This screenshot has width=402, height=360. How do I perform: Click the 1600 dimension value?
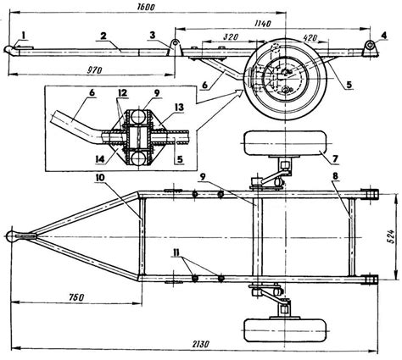click(x=146, y=7)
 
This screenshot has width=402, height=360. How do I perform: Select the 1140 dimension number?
click(x=262, y=24)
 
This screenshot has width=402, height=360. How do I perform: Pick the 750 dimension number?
click(x=75, y=297)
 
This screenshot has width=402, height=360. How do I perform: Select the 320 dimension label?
click(x=231, y=37)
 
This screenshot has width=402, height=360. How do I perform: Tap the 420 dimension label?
click(x=310, y=37)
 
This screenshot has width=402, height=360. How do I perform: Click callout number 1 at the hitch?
click(x=24, y=35)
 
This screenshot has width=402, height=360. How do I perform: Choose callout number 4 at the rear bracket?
click(x=383, y=35)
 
